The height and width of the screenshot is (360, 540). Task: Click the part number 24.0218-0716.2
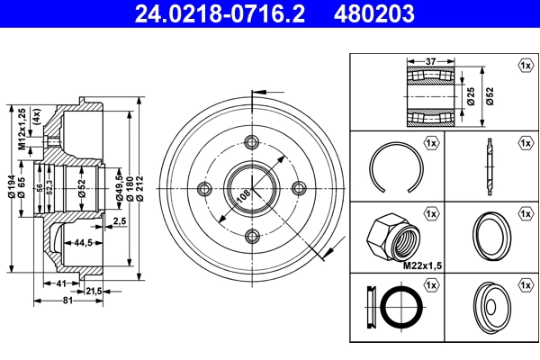pyautogui.click(x=210, y=13)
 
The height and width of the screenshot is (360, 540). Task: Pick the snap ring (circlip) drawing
pyautogui.click(x=392, y=166)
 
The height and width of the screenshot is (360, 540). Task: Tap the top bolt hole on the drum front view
pyautogui.click(x=252, y=140)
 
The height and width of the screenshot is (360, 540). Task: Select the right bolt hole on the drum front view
pyautogui.click(x=299, y=187)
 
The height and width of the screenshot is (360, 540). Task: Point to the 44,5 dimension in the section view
pyautogui.click(x=85, y=242)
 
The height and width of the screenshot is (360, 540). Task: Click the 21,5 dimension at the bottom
pyautogui.click(x=94, y=290)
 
